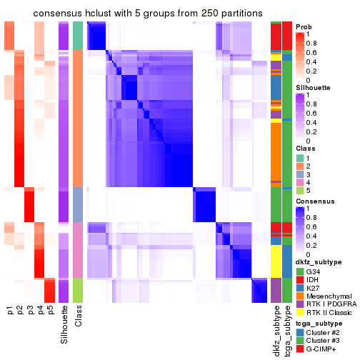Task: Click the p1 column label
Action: click(x=10, y=311)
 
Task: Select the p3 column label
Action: click(x=30, y=311)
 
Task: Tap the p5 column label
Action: click(x=50, y=311)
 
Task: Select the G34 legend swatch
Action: click(x=300, y=271)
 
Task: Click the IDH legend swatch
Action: click(x=300, y=281)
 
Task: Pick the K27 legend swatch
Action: click(x=300, y=292)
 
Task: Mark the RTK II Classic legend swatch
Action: click(x=300, y=323)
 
